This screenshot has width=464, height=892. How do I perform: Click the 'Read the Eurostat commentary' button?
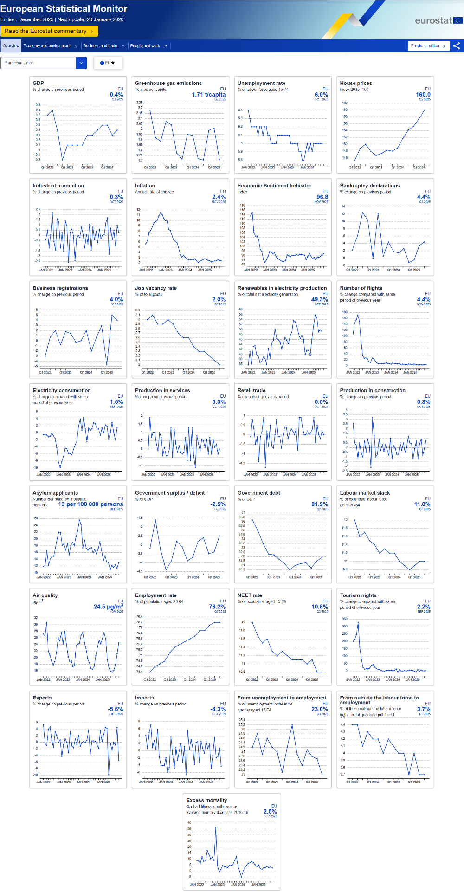point(49,31)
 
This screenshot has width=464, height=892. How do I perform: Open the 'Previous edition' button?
point(428,46)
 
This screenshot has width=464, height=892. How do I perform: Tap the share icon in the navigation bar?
point(457,46)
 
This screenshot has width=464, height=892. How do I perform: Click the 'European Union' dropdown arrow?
point(81,63)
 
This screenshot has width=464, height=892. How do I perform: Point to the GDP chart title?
point(38,83)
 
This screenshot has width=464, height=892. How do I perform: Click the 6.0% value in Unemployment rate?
point(321,95)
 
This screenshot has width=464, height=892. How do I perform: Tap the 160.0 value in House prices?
point(423,95)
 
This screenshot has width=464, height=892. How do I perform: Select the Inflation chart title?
point(145,186)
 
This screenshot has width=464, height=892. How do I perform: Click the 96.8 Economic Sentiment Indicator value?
point(322,197)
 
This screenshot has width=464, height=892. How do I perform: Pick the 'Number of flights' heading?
point(361,288)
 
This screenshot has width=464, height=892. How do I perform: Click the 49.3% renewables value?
point(319,300)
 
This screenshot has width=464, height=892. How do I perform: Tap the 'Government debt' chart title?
point(258,493)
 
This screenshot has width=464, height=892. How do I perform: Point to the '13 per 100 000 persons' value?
point(90,504)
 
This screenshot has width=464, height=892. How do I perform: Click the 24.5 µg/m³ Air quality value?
point(108,607)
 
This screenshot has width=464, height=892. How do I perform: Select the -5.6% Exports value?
point(116,709)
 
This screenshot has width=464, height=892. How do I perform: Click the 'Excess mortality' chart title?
point(206,800)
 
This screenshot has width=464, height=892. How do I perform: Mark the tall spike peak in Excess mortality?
point(215,827)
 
